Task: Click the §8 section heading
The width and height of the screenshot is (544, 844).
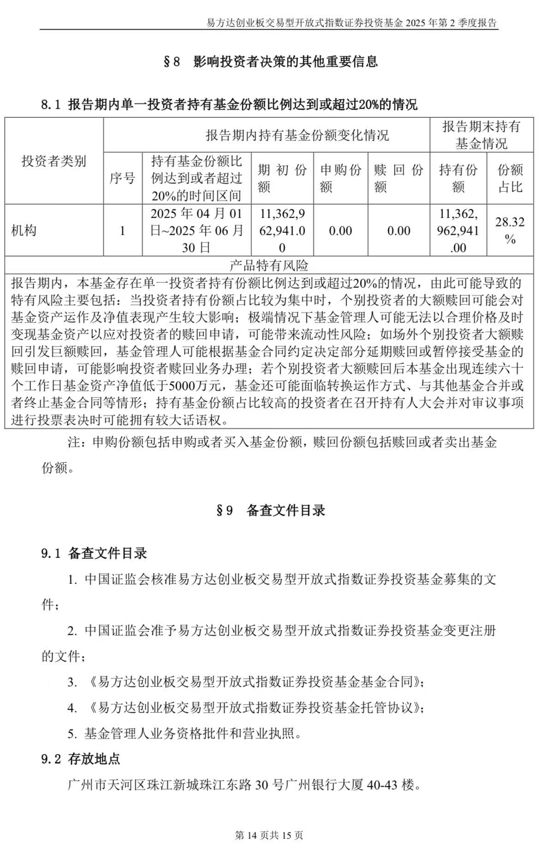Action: point(271,61)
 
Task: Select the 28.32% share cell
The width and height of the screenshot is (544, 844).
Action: point(510,230)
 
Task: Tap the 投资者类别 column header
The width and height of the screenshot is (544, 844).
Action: point(54,161)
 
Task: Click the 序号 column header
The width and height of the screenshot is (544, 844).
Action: point(122,178)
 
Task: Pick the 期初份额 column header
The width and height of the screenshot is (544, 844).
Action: point(282,178)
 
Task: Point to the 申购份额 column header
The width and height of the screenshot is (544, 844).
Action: point(341,178)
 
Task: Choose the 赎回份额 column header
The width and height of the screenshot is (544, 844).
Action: point(399,178)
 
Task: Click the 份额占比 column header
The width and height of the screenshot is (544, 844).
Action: point(510,178)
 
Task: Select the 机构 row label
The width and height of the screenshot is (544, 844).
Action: point(24,231)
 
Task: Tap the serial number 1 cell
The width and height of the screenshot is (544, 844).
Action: point(122,231)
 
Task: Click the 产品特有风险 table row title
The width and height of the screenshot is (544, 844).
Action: point(269,266)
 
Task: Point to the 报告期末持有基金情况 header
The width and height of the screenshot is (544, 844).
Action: point(481,135)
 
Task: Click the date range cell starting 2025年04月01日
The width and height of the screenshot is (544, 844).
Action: point(197,230)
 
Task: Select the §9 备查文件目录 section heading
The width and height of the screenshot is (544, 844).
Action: point(271,510)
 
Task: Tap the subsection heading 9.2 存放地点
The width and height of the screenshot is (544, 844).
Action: point(81,759)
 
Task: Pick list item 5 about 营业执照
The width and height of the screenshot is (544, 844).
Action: point(185,733)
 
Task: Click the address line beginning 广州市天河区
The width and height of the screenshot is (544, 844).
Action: point(245,784)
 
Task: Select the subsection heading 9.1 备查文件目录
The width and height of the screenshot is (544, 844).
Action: point(94,553)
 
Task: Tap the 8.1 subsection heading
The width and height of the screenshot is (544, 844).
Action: point(229,105)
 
